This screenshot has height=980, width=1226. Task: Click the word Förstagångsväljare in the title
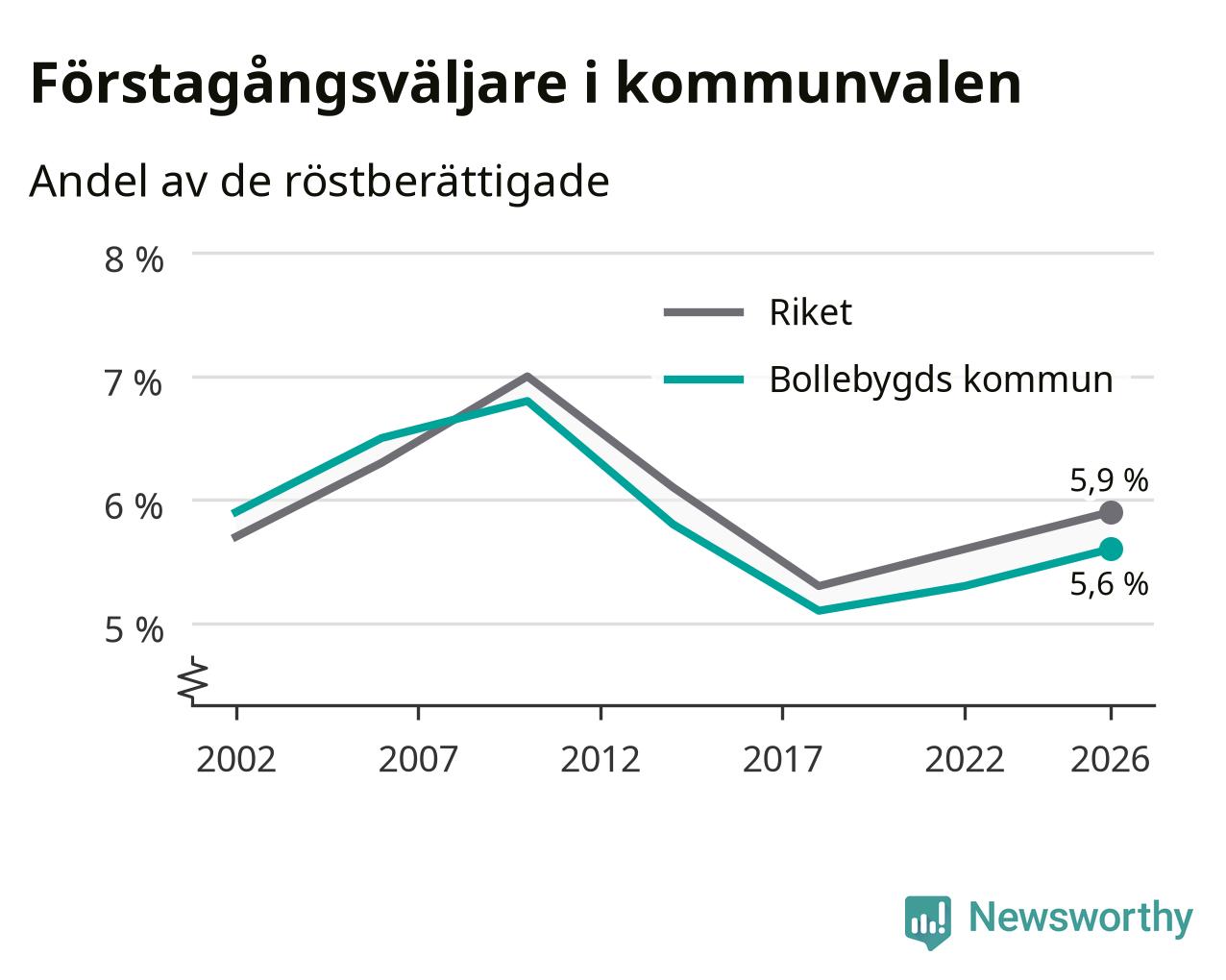(299, 85)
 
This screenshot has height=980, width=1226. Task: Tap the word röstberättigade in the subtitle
(447, 182)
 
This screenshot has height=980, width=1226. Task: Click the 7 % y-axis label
(134, 383)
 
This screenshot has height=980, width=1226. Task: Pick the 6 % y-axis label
(134, 506)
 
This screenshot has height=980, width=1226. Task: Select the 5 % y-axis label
(134, 630)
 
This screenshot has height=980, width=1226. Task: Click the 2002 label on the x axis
(236, 759)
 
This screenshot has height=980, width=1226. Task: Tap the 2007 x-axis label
(418, 759)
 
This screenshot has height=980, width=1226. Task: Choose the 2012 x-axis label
(601, 759)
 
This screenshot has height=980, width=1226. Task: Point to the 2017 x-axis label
(782, 759)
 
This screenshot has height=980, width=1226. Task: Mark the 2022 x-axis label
(965, 759)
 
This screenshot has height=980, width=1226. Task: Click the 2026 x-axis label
(1111, 759)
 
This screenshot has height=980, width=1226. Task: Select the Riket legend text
(811, 312)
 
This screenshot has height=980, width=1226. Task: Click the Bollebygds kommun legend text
(942, 380)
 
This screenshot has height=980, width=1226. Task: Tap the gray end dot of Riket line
(1111, 513)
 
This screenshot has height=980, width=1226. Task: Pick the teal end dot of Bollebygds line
(1111, 550)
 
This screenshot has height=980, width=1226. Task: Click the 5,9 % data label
(1109, 480)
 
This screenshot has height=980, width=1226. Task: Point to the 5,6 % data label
(1109, 584)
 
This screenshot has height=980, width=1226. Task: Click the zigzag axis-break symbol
(193, 678)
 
